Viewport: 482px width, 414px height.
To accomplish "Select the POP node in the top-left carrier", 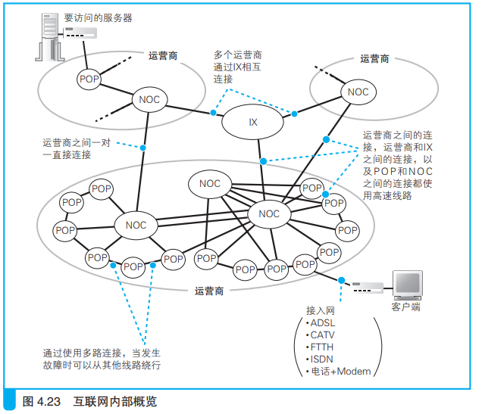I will [x=89, y=79].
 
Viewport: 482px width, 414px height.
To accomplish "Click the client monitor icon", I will [x=407, y=284].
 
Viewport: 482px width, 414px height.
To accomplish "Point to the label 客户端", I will [x=406, y=307].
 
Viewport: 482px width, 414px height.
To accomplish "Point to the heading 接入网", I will [x=320, y=311].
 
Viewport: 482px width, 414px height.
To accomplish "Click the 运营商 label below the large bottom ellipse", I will [x=209, y=290].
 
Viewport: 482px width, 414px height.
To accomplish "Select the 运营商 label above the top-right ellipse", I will [x=374, y=58].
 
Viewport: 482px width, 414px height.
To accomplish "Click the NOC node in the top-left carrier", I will [x=147, y=98].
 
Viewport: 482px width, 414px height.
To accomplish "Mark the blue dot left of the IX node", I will [x=214, y=114].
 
